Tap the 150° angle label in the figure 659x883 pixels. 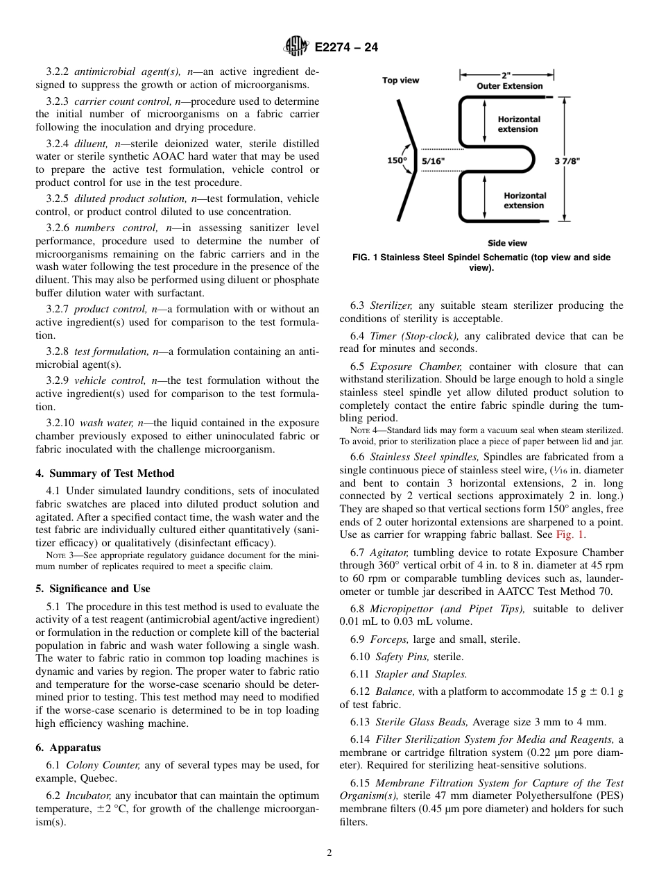(397, 161)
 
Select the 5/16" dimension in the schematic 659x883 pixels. (434, 161)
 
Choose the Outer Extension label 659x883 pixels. (509, 86)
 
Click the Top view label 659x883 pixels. (400, 81)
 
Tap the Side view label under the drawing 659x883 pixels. (507, 243)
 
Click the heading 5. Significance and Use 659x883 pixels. (93, 589)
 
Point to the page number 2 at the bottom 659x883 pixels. (329, 853)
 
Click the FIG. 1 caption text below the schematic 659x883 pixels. (481, 262)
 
